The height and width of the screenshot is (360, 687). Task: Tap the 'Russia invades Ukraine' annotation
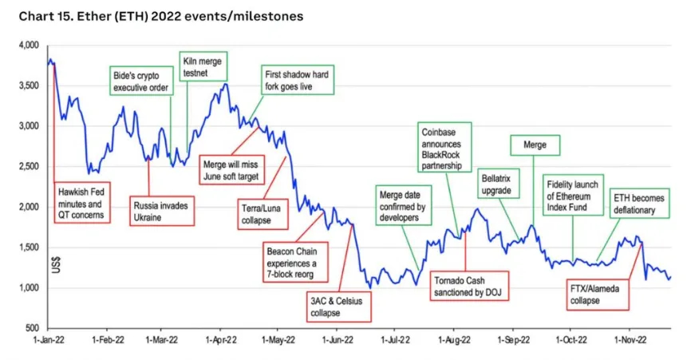click(x=160, y=211)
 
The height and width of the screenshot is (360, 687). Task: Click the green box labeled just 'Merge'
click(x=535, y=146)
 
